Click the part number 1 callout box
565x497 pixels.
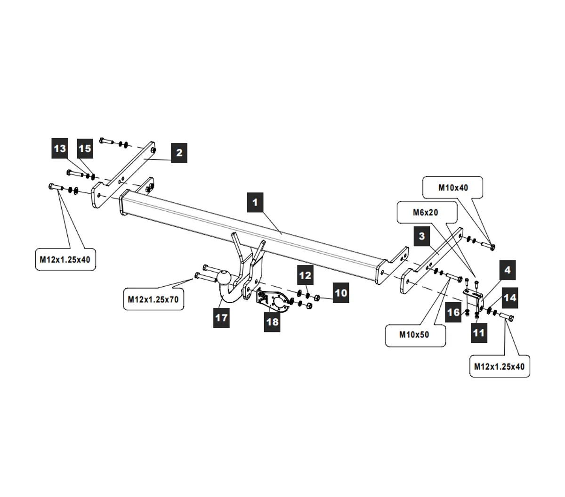[255, 202]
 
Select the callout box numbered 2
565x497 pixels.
[179, 152]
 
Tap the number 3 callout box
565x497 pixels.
[421, 236]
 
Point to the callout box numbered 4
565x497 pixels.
[507, 270]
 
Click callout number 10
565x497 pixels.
[341, 293]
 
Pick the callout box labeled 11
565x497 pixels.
[478, 333]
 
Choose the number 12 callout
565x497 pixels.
[305, 275]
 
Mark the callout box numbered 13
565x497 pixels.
[60, 148]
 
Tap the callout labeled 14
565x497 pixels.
[510, 298]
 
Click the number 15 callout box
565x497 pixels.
[85, 148]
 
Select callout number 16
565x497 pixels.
[453, 312]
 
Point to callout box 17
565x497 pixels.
[221, 317]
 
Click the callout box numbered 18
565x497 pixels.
[272, 322]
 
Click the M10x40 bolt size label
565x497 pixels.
[453, 188]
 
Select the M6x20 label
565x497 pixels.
[426, 213]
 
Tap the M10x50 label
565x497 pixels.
[414, 335]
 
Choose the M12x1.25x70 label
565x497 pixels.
[154, 299]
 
